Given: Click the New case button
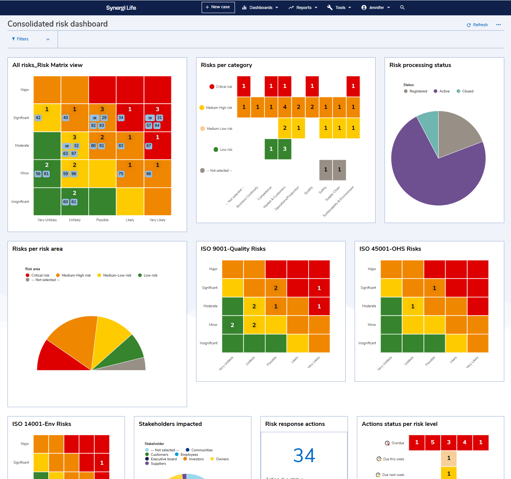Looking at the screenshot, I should tap(218, 7).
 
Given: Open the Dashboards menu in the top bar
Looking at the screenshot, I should tap(260, 7).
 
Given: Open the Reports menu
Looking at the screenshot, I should tap(303, 7).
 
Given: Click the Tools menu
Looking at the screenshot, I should tap(339, 7).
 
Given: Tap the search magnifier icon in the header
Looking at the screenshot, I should tap(403, 7).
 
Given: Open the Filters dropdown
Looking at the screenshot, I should tap(31, 39).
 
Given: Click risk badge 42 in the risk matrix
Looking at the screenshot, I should tap(38, 118).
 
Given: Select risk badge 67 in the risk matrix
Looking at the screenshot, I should tap(149, 146).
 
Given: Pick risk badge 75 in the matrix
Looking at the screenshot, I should tap(121, 174).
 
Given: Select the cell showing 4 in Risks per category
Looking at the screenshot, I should tap(285, 107).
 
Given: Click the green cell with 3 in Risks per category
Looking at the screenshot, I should tap(285, 149).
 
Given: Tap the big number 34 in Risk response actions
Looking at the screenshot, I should tap(304, 455).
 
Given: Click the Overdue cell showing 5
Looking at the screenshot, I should tap(433, 442).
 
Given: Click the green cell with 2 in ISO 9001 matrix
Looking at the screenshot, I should tap(232, 325).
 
